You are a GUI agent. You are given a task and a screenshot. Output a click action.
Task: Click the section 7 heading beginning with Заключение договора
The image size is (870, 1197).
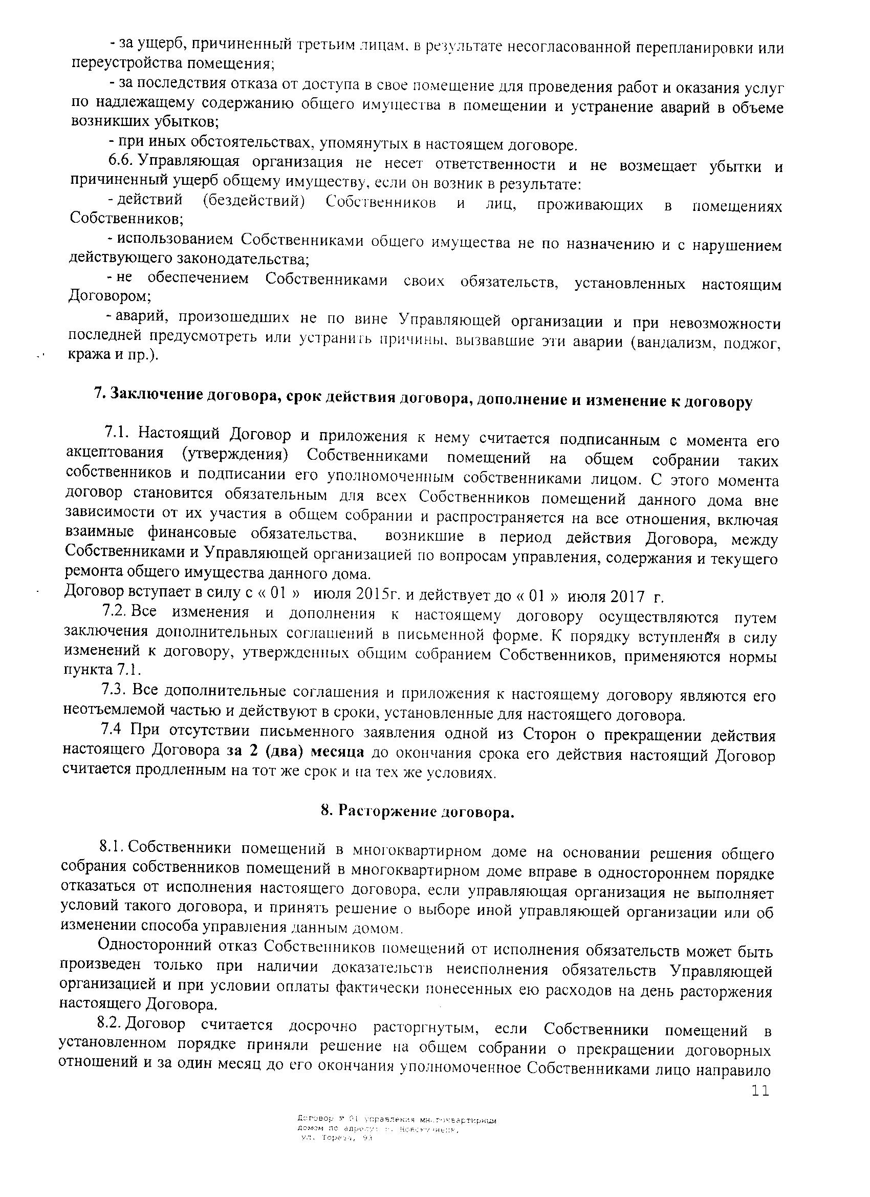pos(423,398)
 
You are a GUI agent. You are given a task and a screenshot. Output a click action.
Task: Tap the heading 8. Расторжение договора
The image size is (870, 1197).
pos(417,811)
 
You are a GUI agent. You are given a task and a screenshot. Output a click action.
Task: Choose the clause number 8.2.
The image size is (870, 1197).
pos(110,1024)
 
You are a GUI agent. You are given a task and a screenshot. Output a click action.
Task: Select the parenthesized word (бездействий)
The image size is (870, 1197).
pos(254,202)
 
